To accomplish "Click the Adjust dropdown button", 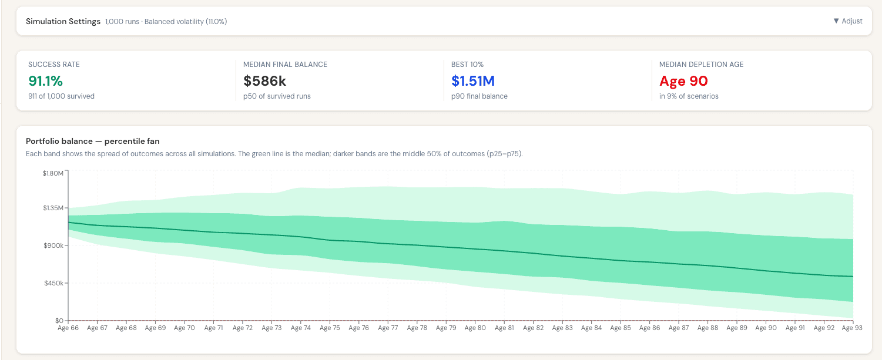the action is tap(848, 21).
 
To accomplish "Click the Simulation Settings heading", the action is tap(63, 21).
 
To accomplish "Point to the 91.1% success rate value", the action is tap(46, 81).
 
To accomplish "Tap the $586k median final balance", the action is tap(264, 81).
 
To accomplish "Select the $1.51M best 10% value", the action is tap(473, 81).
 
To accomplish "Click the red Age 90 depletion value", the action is tap(683, 81).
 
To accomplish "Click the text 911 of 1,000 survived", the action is tap(62, 96).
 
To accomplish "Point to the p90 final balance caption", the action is tap(479, 96).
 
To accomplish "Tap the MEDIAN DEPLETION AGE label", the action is tap(701, 65).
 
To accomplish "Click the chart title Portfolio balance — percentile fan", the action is tap(92, 142).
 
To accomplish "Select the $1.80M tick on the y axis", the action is tap(53, 173).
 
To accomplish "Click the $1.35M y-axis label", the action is tap(53, 208).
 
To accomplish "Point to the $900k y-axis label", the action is tap(53, 245).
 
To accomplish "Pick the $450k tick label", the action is tap(53, 283).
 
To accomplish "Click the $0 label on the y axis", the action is tap(59, 321).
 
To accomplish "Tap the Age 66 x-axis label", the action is tap(68, 328).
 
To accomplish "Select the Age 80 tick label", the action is tap(475, 328).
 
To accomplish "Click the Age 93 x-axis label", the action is tap(852, 328).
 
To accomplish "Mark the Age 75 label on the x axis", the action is tap(330, 328).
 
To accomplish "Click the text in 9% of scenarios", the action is tap(689, 96).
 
